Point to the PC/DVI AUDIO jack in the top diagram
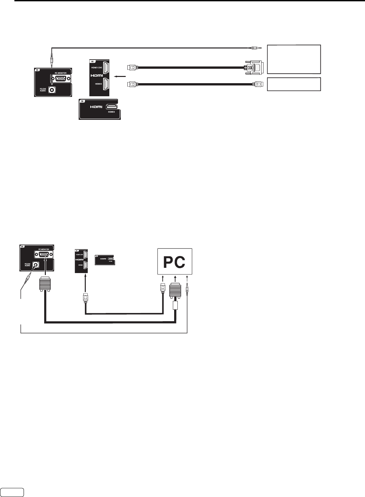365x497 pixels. click(51, 89)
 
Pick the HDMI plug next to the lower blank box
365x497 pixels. click(258, 84)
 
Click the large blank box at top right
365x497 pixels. click(294, 59)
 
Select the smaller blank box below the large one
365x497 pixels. click(294, 84)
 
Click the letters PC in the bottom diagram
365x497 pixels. click(174, 262)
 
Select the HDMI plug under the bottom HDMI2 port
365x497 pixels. click(85, 298)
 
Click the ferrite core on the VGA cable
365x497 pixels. click(175, 306)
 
